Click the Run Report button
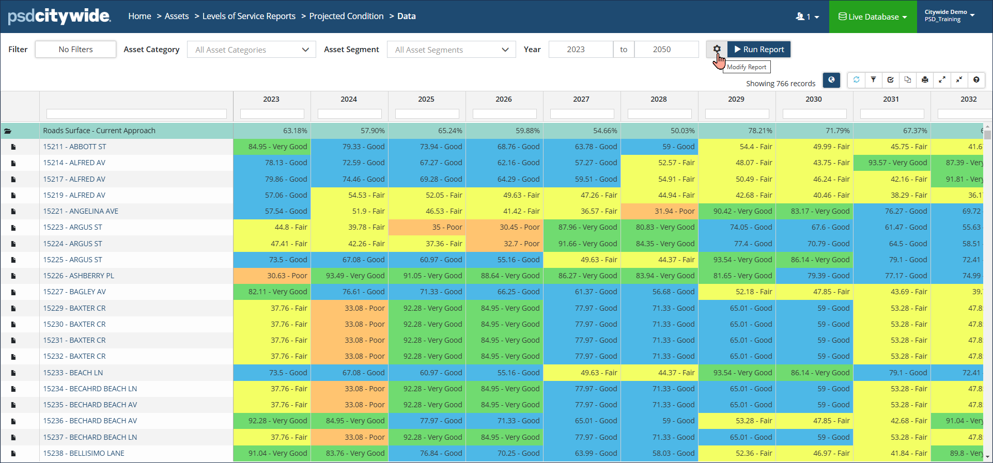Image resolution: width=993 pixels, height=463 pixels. click(759, 50)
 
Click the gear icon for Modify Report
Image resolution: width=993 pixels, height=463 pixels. click(717, 49)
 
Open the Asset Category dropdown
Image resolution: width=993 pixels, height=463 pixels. click(251, 50)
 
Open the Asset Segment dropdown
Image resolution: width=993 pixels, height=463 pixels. click(451, 50)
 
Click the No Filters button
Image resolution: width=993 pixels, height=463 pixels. click(75, 50)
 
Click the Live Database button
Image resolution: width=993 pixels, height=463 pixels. click(873, 17)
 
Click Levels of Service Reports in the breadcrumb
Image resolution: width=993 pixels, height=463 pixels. click(249, 17)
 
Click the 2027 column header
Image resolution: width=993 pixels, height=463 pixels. click(581, 99)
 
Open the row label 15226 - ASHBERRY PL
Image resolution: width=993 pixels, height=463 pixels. click(79, 276)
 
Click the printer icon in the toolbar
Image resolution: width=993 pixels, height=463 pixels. click(925, 80)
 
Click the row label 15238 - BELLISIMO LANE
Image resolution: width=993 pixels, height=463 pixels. click(84, 453)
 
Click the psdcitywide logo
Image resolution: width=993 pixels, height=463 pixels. click(59, 17)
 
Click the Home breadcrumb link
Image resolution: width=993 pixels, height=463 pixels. click(139, 17)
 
